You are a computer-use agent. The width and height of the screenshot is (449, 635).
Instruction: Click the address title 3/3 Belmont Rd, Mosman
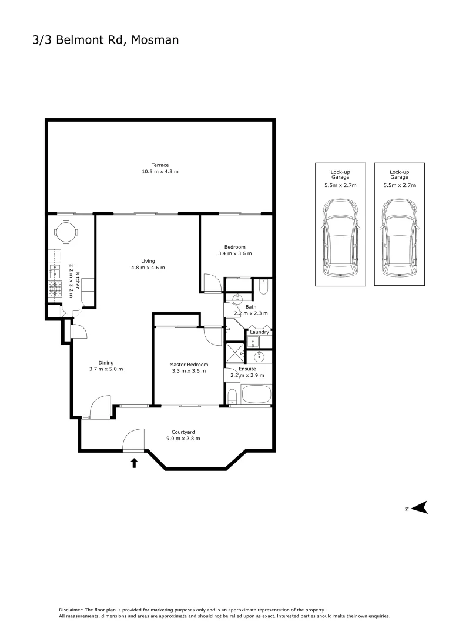pyautogui.click(x=105, y=40)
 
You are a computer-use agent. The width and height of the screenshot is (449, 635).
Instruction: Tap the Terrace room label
pyautogui.click(x=159, y=165)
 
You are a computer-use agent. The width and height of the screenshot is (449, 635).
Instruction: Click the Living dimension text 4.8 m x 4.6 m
pyautogui.click(x=148, y=268)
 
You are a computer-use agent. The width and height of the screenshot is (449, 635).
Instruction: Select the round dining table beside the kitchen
pyautogui.click(x=65, y=231)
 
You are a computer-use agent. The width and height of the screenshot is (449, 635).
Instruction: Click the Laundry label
pyautogui.click(x=259, y=332)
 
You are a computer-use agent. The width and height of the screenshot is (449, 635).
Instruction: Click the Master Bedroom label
pyautogui.click(x=189, y=365)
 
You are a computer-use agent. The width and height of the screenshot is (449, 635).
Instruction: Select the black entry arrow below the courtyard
pyautogui.click(x=134, y=463)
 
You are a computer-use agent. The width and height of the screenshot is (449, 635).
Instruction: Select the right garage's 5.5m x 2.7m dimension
pyautogui.click(x=399, y=185)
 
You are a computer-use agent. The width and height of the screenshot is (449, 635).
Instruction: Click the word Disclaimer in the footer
pyautogui.click(x=72, y=610)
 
